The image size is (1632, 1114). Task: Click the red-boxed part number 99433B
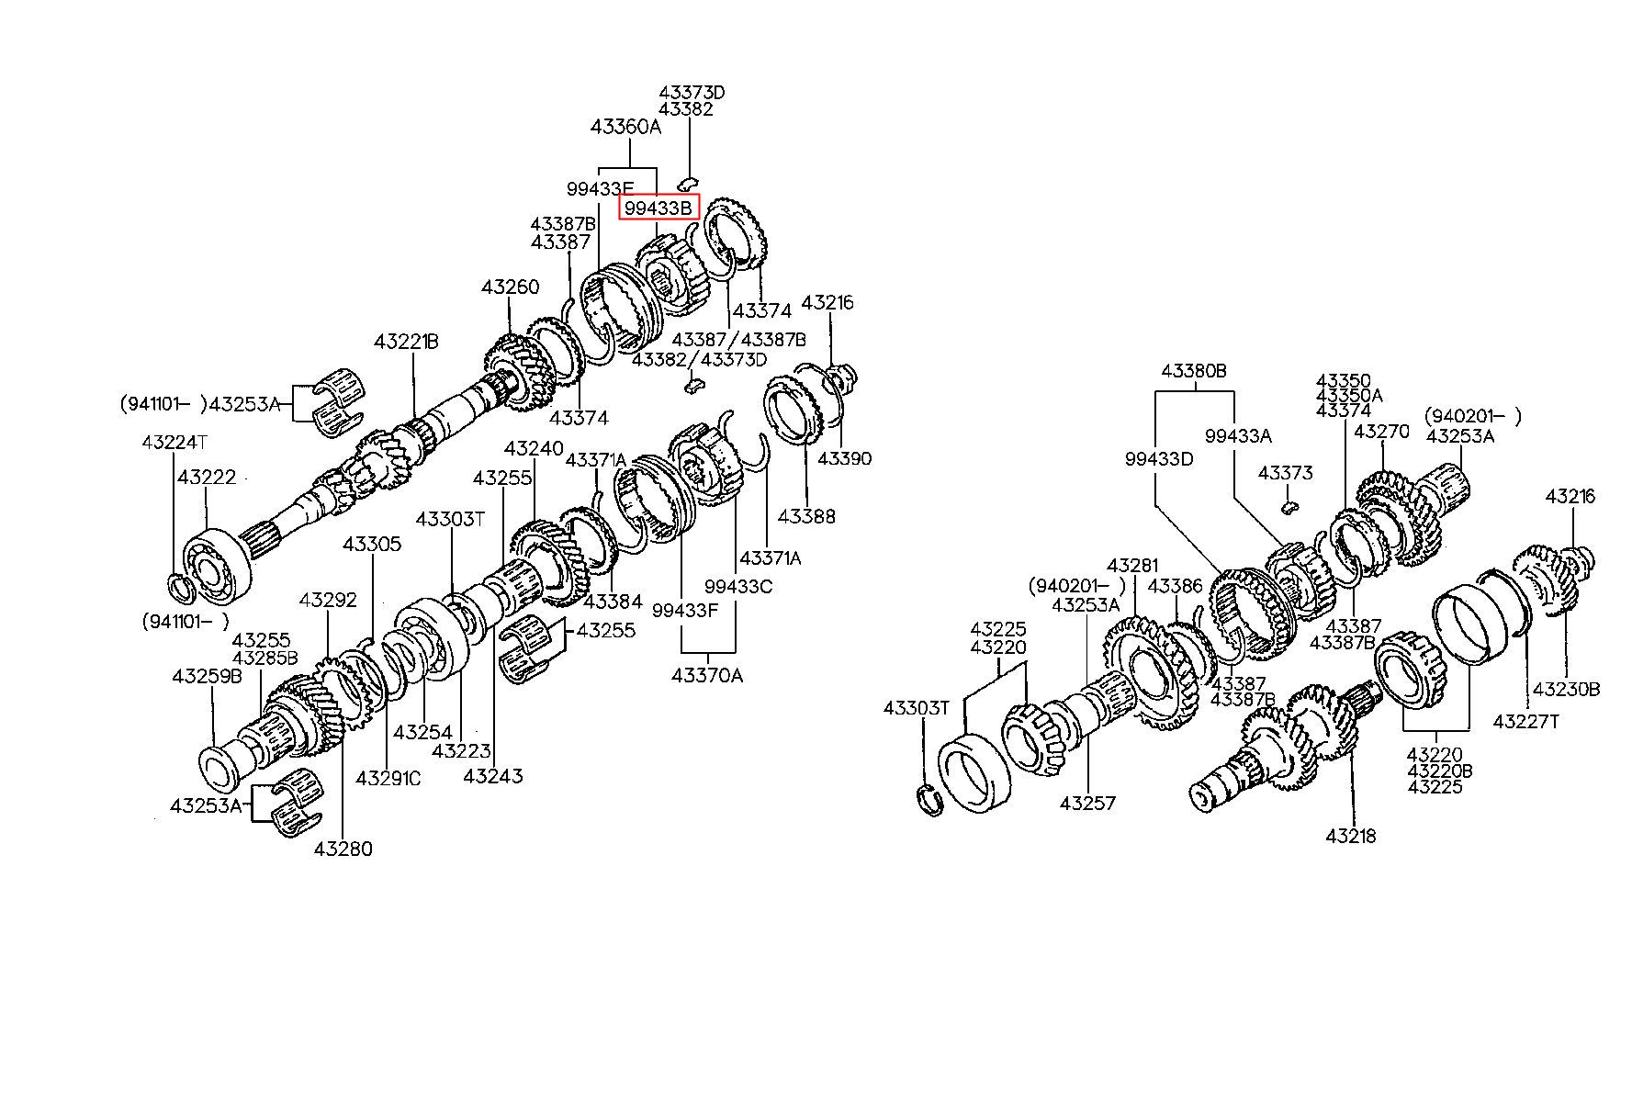[658, 208]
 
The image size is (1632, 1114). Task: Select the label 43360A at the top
[625, 128]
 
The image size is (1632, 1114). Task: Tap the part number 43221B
[406, 343]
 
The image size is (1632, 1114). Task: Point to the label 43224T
[174, 443]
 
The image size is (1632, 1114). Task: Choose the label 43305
[372, 545]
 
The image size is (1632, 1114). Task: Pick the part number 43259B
[207, 677]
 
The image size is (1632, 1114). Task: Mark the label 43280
[343, 849]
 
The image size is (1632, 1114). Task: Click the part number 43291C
[388, 778]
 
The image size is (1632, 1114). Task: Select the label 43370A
[707, 676]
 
